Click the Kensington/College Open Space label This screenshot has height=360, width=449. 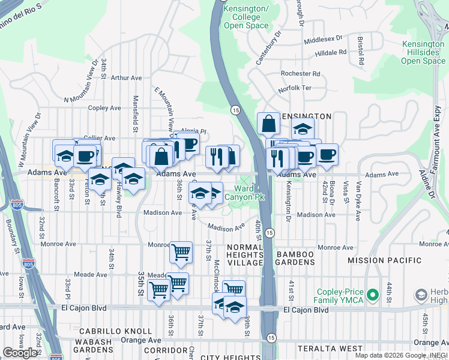(x=246, y=17)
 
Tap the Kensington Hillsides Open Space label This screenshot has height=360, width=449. (x=423, y=53)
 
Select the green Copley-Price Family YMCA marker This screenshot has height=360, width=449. (x=373, y=295)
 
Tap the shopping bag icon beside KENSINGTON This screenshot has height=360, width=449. (x=268, y=124)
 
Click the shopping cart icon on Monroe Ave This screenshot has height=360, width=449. (x=181, y=253)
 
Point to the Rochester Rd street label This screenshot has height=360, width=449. (x=300, y=74)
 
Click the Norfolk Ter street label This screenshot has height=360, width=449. (x=295, y=89)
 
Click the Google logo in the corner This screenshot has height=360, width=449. (x=20, y=353)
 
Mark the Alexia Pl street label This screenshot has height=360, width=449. (x=193, y=131)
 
